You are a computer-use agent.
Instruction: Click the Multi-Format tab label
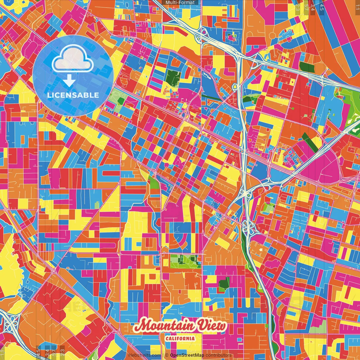180,3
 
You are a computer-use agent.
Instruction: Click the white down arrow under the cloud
69,81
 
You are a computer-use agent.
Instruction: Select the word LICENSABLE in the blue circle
73,95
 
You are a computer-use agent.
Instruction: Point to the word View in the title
212,326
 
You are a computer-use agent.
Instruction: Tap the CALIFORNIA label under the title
180,338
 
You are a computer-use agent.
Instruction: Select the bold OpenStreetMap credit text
187,355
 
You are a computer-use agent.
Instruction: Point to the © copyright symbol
166,355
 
